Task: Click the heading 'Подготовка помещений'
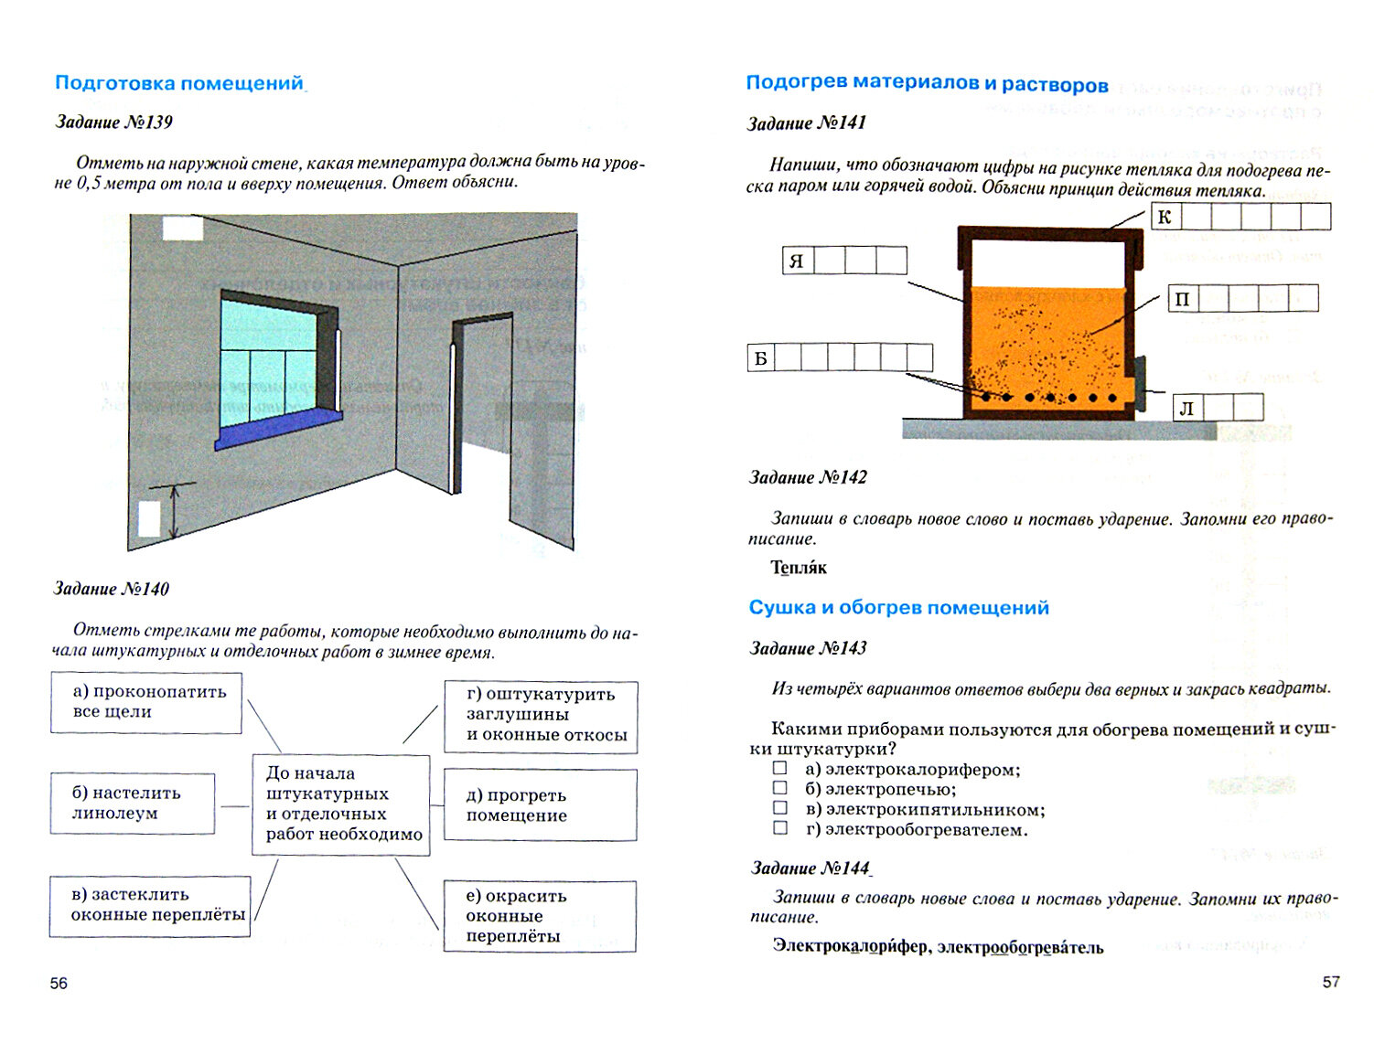point(179,83)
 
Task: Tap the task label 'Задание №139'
point(113,123)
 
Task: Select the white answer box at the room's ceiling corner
point(182,227)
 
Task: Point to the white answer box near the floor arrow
point(149,519)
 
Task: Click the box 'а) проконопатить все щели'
point(146,702)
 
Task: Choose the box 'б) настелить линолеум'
point(133,804)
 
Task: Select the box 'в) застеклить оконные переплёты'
point(150,905)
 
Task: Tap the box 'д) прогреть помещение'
point(540,805)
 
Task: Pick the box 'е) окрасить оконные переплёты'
point(540,916)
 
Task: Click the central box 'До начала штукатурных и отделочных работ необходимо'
point(340,804)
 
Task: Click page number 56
point(59,984)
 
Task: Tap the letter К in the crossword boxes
point(1165,217)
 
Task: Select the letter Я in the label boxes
point(797,261)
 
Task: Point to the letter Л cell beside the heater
point(1186,408)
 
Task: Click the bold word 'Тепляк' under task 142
point(798,568)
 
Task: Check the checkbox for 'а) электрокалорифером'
point(780,769)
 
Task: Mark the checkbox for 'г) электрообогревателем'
point(780,828)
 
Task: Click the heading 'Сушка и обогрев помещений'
point(898,608)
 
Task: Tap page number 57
point(1331,982)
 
